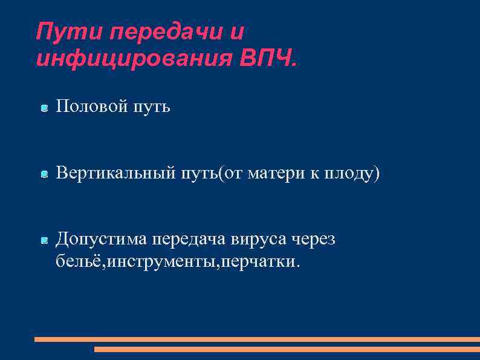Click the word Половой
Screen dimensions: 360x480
tap(91, 107)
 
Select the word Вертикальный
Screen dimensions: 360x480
tap(114, 174)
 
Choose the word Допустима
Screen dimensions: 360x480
tap(102, 240)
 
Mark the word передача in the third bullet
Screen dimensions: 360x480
tap(189, 240)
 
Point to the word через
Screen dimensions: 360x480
tap(316, 240)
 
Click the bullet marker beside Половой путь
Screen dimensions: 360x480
tap(44, 108)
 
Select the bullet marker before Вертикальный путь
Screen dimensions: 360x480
tap(44, 175)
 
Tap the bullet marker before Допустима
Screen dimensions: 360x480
tap(44, 241)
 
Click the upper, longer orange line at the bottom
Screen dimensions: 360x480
tap(257, 339)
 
